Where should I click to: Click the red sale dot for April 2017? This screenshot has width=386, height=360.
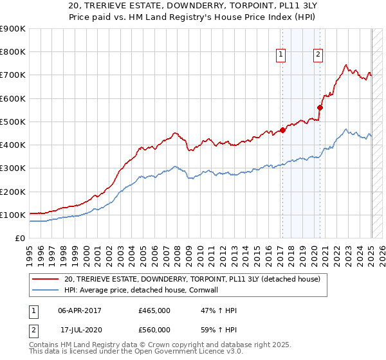click(x=282, y=130)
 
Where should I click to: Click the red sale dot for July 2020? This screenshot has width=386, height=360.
click(x=320, y=108)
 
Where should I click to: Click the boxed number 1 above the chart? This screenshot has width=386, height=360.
click(x=282, y=55)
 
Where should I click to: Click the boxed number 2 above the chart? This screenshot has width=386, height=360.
click(x=318, y=55)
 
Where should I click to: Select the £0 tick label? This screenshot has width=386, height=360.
click(x=21, y=238)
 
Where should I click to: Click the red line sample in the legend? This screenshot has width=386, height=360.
click(x=46, y=279)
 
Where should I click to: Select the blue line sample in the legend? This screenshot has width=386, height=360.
click(x=46, y=290)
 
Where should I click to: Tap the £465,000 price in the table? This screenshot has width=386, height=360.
click(x=154, y=310)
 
